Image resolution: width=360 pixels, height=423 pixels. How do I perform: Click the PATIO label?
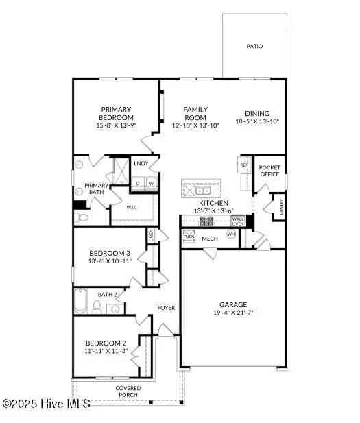(255, 47)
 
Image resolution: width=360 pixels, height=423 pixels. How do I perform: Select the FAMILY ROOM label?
(195, 113)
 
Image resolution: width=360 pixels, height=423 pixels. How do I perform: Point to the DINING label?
(257, 114)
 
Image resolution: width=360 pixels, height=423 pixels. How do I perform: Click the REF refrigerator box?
(243, 165)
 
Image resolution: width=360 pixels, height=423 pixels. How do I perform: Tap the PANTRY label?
(280, 204)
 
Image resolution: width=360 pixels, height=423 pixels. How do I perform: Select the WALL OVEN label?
(238, 221)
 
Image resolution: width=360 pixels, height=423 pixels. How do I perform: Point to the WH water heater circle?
(231, 234)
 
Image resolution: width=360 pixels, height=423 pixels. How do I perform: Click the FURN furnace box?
(189, 236)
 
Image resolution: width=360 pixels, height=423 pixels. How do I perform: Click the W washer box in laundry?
(150, 183)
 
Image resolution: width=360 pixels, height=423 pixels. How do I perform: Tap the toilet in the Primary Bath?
(81, 217)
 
